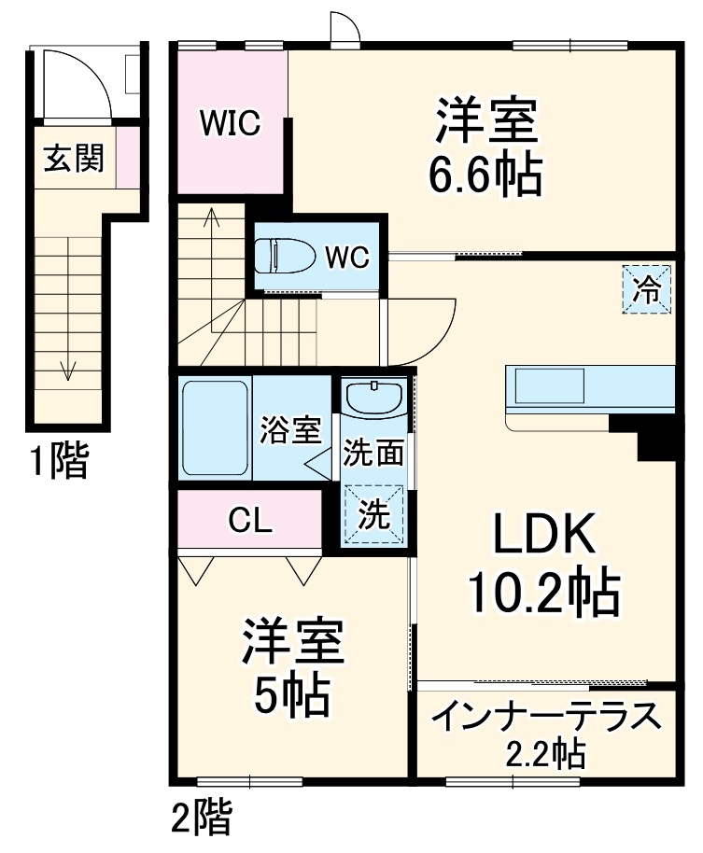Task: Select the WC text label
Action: click(347, 256)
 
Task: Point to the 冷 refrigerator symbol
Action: click(647, 289)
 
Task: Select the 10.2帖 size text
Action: click(544, 591)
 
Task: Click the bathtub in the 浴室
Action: click(214, 427)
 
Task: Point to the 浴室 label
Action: click(290, 430)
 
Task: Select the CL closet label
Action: click(251, 520)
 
